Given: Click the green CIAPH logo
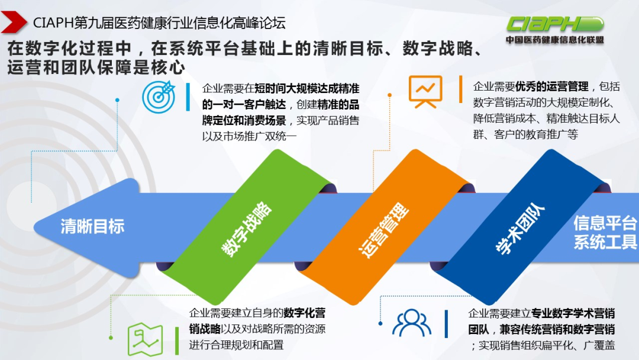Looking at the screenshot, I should click(x=554, y=24).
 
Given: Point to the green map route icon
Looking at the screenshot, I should click(x=145, y=340).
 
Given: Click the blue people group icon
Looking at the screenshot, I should click(x=412, y=323).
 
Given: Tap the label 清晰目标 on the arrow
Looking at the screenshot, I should click(x=92, y=226).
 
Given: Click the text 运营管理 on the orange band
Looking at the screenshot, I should click(x=384, y=230).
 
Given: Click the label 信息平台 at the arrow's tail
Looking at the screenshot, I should click(x=605, y=223).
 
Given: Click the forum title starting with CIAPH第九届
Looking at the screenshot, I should click(x=159, y=23).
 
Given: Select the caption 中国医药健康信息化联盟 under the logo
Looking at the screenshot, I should click(x=555, y=40).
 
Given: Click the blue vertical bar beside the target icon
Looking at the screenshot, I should click(x=188, y=97).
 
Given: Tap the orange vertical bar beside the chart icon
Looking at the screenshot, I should click(x=460, y=89).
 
